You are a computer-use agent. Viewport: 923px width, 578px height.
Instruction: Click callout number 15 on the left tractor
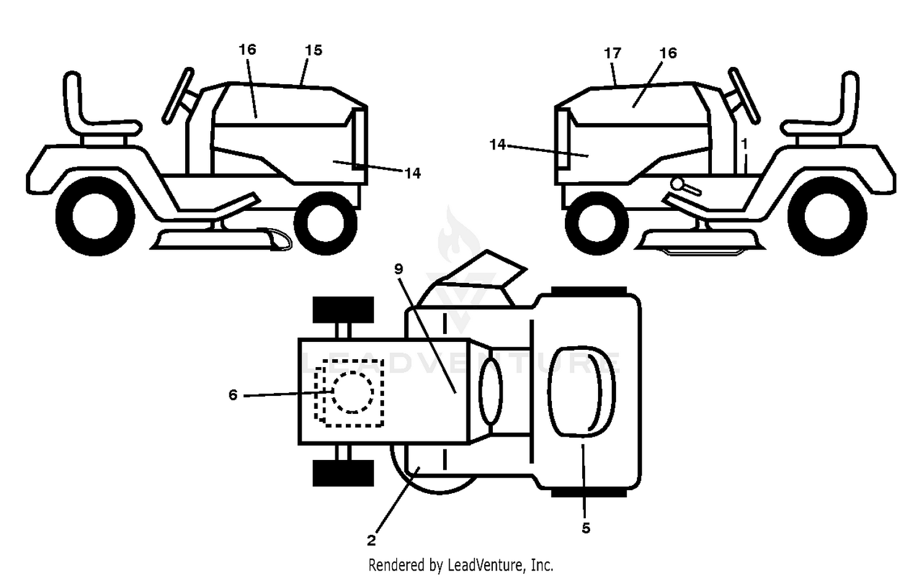[314, 50]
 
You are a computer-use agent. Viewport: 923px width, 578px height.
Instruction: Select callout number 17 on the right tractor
[612, 53]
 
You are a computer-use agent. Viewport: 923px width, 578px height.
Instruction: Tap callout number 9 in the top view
[399, 269]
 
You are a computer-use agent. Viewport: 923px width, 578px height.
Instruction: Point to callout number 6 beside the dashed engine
[233, 395]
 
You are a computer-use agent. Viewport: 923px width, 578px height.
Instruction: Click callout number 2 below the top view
[371, 540]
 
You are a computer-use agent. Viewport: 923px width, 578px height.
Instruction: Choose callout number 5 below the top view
[586, 528]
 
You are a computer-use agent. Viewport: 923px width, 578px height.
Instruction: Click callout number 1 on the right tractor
[744, 144]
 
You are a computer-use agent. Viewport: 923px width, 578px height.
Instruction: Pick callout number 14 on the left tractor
[412, 174]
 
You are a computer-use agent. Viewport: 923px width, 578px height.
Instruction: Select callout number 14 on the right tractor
[498, 144]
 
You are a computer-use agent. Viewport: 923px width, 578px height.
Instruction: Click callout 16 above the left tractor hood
[247, 50]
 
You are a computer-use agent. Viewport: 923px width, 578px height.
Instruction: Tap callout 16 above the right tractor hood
[668, 53]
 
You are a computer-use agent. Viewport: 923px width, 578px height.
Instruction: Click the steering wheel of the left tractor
[178, 95]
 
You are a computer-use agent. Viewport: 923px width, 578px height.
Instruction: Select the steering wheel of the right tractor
[744, 95]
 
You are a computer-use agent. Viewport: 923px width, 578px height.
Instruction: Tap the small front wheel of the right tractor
[597, 223]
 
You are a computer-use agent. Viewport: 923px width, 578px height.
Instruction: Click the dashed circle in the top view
[353, 392]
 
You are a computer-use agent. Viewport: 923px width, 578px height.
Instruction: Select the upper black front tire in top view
[343, 309]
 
